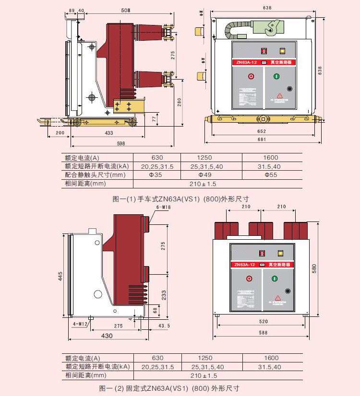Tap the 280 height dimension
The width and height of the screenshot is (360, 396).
[x=179, y=102]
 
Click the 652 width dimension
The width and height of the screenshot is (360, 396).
[x=261, y=131]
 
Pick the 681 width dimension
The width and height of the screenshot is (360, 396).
[x=261, y=140]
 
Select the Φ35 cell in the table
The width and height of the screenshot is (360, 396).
[x=157, y=175]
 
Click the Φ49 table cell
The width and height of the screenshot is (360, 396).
[x=204, y=175]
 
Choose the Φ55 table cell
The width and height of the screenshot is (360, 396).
[x=271, y=175]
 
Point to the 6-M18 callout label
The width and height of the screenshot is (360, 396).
[x=164, y=207]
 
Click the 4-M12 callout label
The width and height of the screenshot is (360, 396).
[x=80, y=324]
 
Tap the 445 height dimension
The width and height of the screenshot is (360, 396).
[x=61, y=277]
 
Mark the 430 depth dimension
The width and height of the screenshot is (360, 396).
[x=107, y=336]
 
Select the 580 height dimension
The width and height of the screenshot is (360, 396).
[x=315, y=269]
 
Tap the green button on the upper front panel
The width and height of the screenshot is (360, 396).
[x=276, y=76]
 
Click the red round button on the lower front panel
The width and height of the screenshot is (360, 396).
[x=249, y=279]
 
